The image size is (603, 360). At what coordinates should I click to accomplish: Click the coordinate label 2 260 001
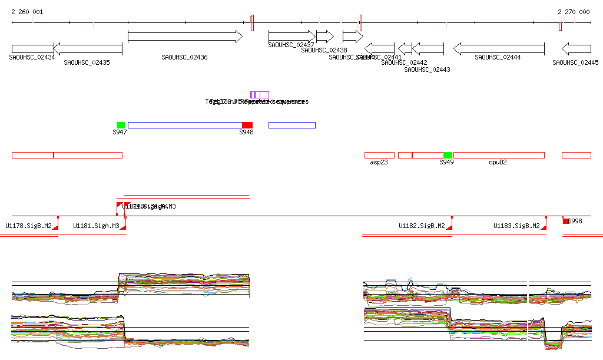(27, 12)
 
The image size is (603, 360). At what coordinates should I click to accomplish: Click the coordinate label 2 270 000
(574, 12)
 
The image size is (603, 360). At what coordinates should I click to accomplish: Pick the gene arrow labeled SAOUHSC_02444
(498, 48)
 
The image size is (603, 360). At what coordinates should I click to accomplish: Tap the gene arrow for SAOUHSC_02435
(88, 48)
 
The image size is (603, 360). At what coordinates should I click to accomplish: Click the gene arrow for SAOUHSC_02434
(32, 48)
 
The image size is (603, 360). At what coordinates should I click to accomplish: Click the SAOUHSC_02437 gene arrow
(291, 37)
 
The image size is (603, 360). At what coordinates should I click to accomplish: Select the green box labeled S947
(121, 125)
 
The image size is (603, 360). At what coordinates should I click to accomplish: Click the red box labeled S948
(247, 125)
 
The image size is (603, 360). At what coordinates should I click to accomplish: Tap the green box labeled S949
(448, 155)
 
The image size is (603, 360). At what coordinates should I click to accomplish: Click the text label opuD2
(498, 162)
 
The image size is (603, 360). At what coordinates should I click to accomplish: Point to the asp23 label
(379, 162)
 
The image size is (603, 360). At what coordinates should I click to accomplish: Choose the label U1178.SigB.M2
(28, 226)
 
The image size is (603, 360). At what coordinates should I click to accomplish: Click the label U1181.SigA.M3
(96, 226)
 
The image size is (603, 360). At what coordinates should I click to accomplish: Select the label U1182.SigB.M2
(422, 226)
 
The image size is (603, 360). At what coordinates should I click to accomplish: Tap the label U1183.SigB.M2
(516, 226)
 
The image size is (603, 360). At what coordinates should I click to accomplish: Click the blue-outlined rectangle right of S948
(291, 125)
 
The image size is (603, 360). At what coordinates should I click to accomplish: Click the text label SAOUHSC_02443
(427, 70)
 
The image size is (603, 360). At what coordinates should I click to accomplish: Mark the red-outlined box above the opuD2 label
(499, 155)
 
